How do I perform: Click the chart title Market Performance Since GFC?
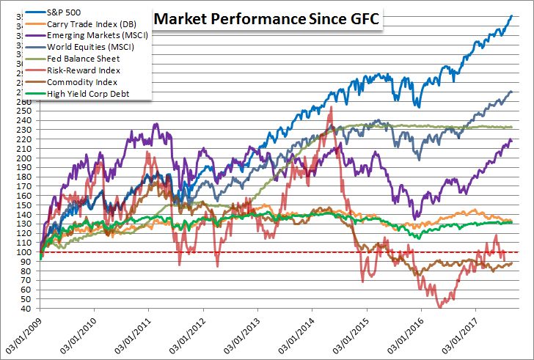pos(267,20)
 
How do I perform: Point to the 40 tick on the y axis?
pos(25,309)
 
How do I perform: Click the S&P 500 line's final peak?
pos(511,15)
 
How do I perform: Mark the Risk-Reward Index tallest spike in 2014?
pos(332,107)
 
